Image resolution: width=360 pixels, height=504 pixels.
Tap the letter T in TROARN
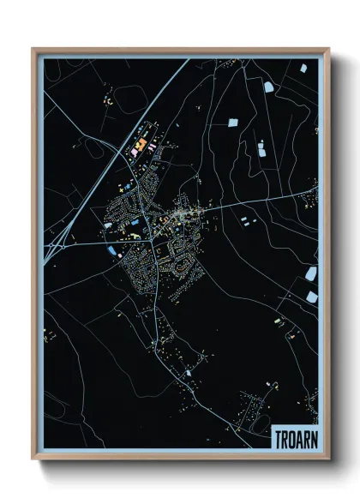tap(277, 438)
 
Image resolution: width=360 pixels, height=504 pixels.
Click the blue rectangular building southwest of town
tap(113, 250)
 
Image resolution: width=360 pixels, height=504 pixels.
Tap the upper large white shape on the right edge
tap(311, 273)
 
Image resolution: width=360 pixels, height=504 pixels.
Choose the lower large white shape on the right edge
tap(311, 297)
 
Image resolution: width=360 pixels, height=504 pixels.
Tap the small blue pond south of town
tap(187, 374)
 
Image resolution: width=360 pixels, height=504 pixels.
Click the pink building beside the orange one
tap(153, 147)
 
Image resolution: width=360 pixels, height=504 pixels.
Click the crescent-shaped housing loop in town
tap(181, 254)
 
